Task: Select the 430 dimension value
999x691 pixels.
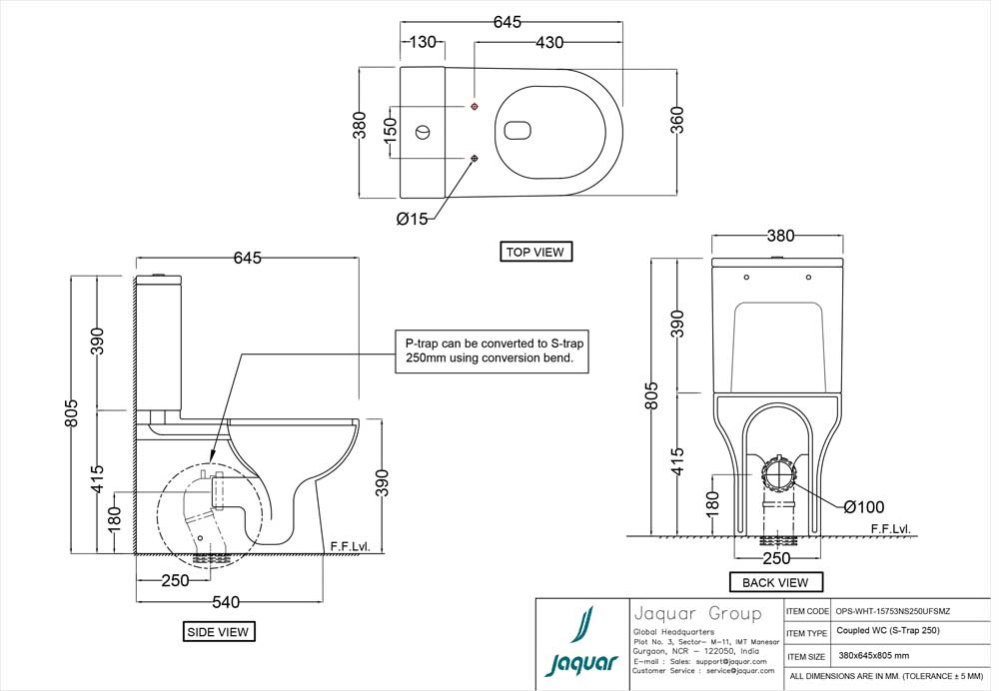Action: click(x=548, y=42)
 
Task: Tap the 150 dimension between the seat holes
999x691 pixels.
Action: click(x=392, y=131)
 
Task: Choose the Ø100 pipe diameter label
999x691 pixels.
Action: click(x=863, y=507)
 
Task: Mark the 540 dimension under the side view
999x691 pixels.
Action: click(x=229, y=602)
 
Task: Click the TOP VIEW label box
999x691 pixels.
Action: click(x=535, y=252)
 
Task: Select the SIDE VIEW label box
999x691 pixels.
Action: click(x=218, y=631)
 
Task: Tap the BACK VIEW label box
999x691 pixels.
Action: click(x=775, y=582)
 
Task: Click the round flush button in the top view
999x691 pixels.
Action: click(x=423, y=130)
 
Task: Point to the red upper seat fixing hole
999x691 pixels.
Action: click(x=474, y=106)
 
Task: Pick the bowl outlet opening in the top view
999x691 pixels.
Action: click(x=517, y=130)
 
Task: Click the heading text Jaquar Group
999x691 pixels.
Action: click(x=696, y=613)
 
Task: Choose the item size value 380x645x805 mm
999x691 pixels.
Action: click(x=874, y=656)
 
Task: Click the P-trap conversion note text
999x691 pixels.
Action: click(x=489, y=350)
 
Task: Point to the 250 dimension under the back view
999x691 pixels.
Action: click(x=775, y=555)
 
